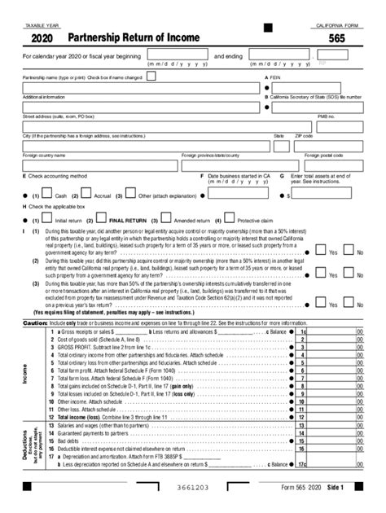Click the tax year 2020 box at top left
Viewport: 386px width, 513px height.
click(x=42, y=38)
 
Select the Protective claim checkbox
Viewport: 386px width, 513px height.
click(x=230, y=219)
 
